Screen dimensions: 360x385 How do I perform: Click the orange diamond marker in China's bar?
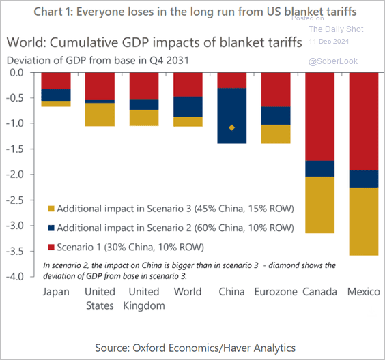(232, 127)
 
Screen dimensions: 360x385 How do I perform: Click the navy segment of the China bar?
(232, 115)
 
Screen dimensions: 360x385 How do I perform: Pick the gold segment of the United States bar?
(100, 114)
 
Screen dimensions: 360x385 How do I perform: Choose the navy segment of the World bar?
(188, 106)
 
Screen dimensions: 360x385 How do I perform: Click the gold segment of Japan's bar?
(56, 104)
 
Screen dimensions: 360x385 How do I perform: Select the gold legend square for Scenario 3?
(51, 209)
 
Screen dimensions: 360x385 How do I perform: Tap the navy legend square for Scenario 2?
(51, 228)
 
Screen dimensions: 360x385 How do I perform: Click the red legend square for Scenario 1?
(51, 246)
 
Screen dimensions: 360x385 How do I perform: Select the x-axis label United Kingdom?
(144, 298)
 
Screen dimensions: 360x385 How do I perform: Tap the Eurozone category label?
(276, 292)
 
